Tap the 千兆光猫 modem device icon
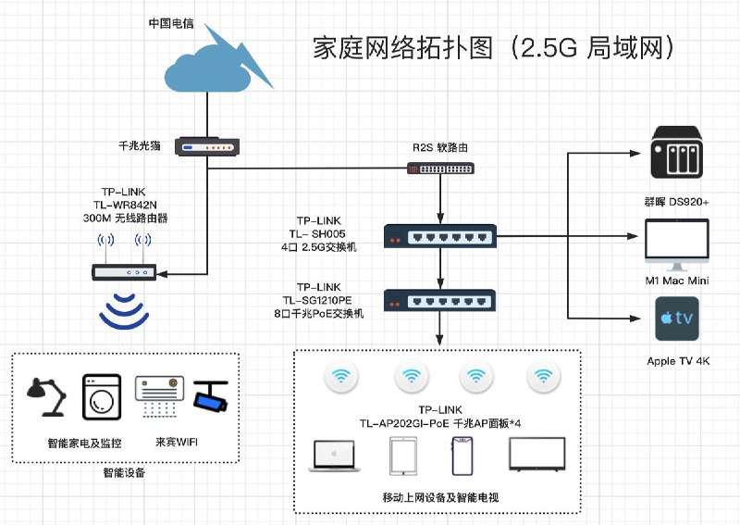207,146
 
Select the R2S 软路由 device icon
441,169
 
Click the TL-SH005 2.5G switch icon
440,236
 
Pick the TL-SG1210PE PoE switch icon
440,301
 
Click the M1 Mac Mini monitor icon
677,244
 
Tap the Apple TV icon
677,319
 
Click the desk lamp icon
46,397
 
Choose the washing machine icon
102,397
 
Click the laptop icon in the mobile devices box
334,456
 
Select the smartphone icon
462,456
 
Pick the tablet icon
403,456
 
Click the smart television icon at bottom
537,455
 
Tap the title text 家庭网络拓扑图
403,48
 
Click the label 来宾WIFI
177,443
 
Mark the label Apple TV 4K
678,361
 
